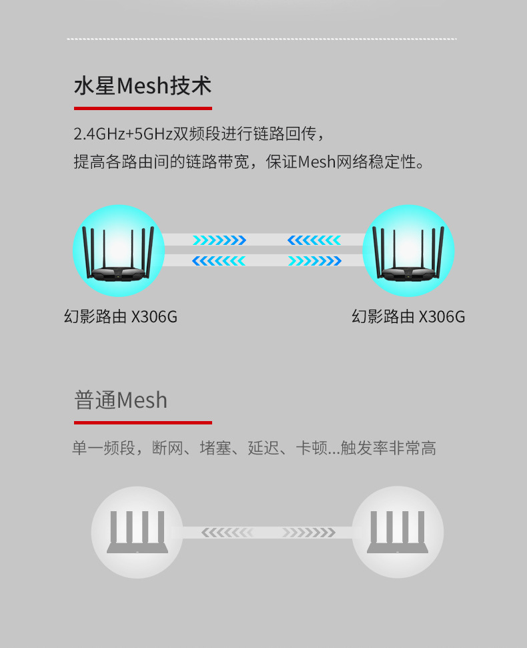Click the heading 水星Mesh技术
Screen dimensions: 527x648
pos(142,86)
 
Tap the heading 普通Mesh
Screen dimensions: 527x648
pos(121,400)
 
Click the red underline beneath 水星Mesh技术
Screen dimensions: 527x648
pos(142,107)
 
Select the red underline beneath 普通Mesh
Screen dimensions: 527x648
pos(142,422)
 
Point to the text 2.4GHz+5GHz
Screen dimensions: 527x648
pos(123,133)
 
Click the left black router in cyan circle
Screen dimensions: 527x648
pos(119,252)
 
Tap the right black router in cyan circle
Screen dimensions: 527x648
pos(408,252)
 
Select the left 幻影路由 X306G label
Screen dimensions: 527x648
pos(121,316)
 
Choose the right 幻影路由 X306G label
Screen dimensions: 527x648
pos(408,316)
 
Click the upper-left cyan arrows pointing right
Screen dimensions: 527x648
pos(219,240)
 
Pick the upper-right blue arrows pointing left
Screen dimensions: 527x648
pos(314,240)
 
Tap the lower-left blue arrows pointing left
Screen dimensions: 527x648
pos(219,261)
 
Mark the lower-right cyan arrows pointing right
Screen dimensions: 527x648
pos(314,261)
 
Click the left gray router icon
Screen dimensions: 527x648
pos(137,532)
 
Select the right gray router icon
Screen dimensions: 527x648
pos(397,532)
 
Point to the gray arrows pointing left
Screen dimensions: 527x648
pos(227,533)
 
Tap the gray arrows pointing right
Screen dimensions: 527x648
pos(308,533)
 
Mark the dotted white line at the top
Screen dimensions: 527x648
pos(261,39)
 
